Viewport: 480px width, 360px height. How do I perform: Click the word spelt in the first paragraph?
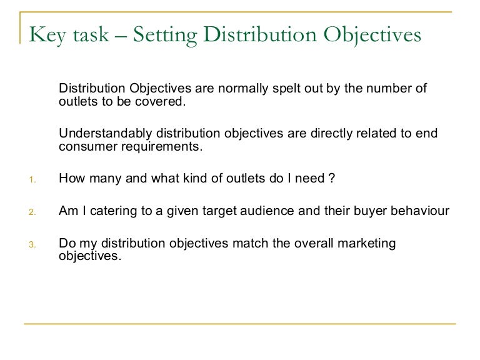tap(287, 88)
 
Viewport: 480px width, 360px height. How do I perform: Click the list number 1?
tap(32, 180)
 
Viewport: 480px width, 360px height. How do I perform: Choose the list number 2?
tap(32, 212)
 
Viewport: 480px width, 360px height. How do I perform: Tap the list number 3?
tap(32, 244)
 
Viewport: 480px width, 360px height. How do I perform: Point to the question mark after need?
tap(331, 179)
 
